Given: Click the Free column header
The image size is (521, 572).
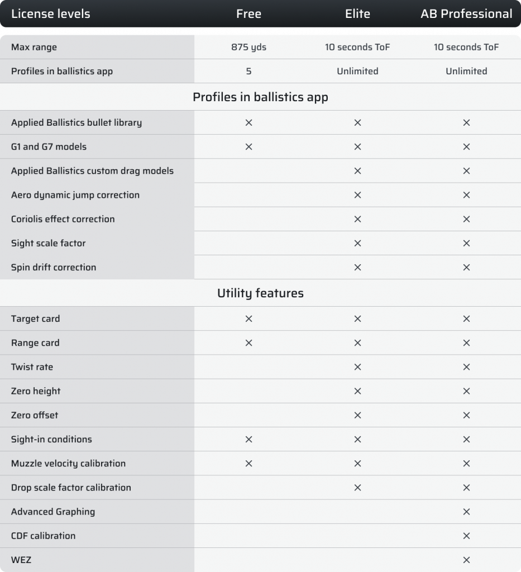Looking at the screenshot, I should pyautogui.click(x=248, y=14).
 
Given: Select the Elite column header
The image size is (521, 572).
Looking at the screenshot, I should pyautogui.click(x=357, y=14).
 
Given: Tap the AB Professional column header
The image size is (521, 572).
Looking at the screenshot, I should pyautogui.click(x=466, y=14).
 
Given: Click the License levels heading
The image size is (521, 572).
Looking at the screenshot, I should pyautogui.click(x=50, y=14).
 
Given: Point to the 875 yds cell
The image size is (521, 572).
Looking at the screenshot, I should pyautogui.click(x=248, y=47).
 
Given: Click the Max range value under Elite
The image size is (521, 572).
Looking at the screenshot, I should pyautogui.click(x=357, y=47).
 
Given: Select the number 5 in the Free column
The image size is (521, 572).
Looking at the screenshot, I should pyautogui.click(x=248, y=71).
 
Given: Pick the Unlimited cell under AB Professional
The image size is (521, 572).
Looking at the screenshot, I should pyautogui.click(x=466, y=71).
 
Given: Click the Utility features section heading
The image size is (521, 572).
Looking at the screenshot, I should pyautogui.click(x=260, y=293).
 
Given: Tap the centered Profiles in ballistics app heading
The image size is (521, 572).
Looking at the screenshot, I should pyautogui.click(x=260, y=97).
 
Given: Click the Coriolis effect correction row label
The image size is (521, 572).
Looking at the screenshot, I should pyautogui.click(x=63, y=219).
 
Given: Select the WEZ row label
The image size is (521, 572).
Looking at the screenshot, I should pyautogui.click(x=21, y=560).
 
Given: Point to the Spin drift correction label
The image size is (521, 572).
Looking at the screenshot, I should pyautogui.click(x=54, y=267).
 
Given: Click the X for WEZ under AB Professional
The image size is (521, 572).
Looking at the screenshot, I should pyautogui.click(x=466, y=560).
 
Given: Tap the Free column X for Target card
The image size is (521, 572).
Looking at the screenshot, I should pyautogui.click(x=248, y=319).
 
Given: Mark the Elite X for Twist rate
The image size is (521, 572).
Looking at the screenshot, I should pyautogui.click(x=357, y=367).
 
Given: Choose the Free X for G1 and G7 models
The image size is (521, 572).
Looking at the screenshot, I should pyautogui.click(x=248, y=147).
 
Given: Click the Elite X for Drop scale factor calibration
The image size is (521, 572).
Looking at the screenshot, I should pyautogui.click(x=357, y=488).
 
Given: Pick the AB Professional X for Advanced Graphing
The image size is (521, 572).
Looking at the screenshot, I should pyautogui.click(x=466, y=512).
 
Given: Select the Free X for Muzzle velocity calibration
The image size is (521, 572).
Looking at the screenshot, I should pyautogui.click(x=248, y=464).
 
